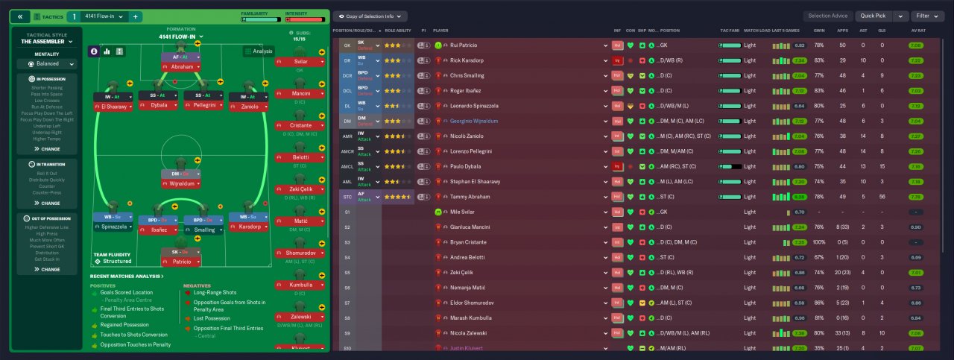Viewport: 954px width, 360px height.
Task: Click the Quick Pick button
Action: click(x=874, y=16)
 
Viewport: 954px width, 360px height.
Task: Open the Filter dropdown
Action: click(x=928, y=16)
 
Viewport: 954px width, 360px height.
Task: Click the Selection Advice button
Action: click(x=827, y=16)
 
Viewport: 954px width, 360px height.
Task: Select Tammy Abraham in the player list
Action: click(x=471, y=197)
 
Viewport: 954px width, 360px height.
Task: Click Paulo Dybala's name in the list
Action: click(x=467, y=166)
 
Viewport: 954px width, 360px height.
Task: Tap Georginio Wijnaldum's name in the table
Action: click(x=479, y=121)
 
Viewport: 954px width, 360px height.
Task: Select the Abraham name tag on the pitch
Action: click(x=182, y=66)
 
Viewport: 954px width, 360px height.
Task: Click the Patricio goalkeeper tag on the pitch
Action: click(x=182, y=262)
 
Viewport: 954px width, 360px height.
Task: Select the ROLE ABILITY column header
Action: click(x=398, y=31)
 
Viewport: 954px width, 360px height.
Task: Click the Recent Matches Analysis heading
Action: click(x=127, y=276)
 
